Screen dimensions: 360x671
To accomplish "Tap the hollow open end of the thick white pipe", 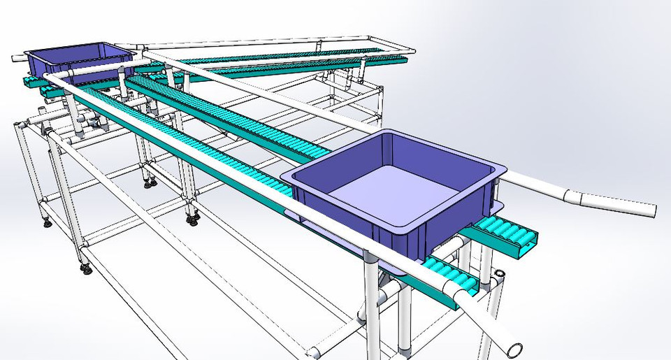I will tap(516, 347).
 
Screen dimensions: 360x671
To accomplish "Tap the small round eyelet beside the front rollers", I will tap(500, 273).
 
